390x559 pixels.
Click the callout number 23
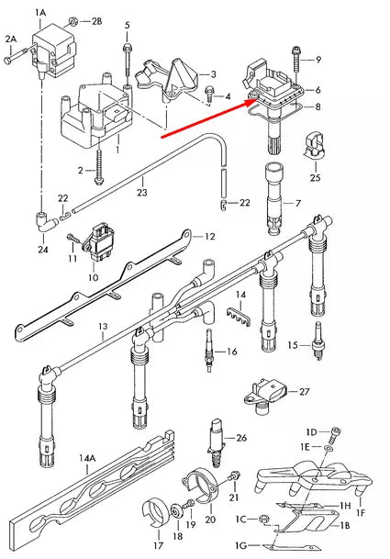tap(141, 193)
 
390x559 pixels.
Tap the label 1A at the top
tap(39, 10)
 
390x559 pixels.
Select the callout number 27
tap(304, 391)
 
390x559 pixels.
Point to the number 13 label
tap(102, 326)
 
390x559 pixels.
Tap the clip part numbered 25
tap(313, 143)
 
